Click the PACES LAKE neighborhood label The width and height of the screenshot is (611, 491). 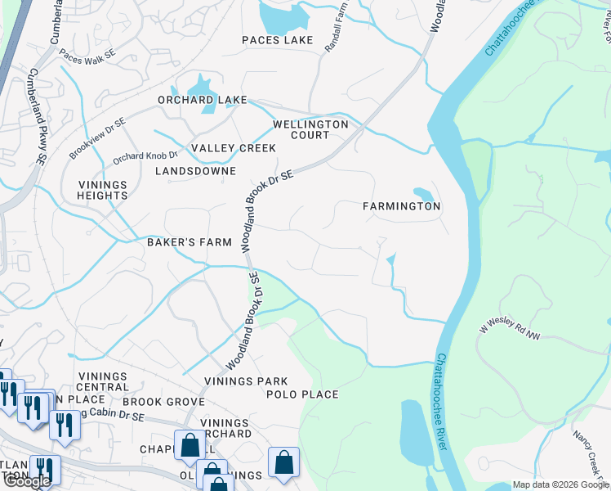click(x=277, y=40)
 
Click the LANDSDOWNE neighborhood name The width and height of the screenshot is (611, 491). click(x=195, y=171)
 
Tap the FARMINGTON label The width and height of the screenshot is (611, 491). click(x=402, y=206)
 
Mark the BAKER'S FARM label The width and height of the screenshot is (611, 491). click(x=190, y=242)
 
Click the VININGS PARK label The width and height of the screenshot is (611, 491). click(x=246, y=381)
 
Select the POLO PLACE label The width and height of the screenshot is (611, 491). click(x=302, y=394)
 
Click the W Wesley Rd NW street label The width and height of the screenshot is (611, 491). click(x=511, y=327)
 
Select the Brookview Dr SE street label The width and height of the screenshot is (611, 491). click(x=97, y=137)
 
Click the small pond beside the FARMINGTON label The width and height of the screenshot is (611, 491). click(x=423, y=194)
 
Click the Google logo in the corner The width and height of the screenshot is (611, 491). click(x=27, y=481)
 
